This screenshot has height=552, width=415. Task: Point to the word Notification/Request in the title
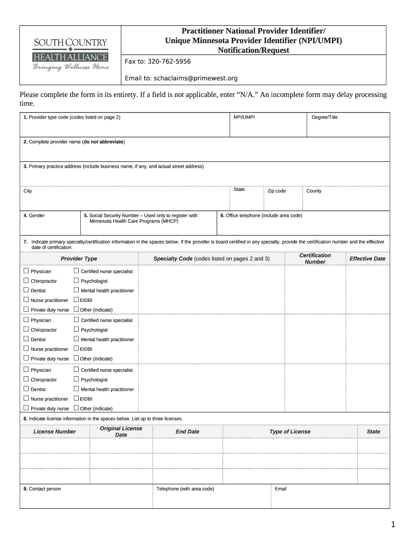[253, 50]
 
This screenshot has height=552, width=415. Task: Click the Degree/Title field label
[324, 117]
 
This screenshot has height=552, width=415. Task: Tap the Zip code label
[276, 191]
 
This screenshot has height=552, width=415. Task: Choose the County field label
[314, 191]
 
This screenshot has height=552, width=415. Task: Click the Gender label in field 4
[34, 216]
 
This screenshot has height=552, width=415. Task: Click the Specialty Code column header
[211, 259]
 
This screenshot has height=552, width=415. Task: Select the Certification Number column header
[315, 259]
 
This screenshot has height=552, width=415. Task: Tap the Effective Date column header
[367, 259]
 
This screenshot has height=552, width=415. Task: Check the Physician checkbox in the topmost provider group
[26, 271]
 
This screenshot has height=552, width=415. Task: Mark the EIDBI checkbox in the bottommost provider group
[76, 398]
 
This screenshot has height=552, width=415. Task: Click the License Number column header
[54, 431]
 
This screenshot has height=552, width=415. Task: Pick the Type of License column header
[290, 431]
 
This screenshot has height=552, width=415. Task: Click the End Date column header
[187, 431]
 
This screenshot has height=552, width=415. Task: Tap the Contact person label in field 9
[42, 489]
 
